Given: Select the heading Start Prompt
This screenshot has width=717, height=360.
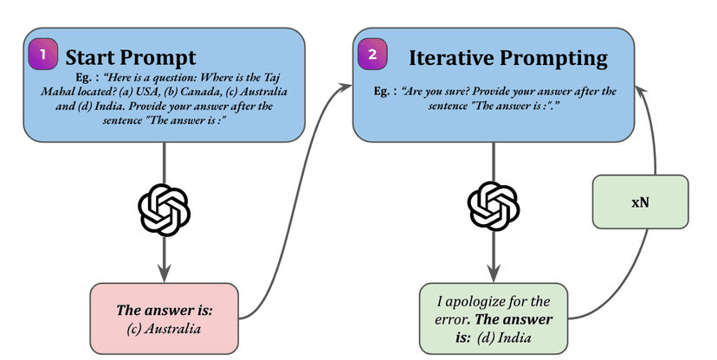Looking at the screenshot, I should click(x=131, y=58).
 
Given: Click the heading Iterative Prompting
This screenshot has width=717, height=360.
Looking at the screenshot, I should click(x=507, y=58).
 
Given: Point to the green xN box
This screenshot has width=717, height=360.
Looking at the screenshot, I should click(x=640, y=202).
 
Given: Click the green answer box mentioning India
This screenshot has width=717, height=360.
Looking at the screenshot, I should click(x=494, y=318).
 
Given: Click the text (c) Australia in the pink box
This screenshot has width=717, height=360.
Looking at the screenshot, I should click(x=164, y=328).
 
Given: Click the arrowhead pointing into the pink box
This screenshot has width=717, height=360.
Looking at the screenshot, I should click(x=164, y=276).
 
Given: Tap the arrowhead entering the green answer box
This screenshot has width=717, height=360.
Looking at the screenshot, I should click(x=494, y=276).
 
